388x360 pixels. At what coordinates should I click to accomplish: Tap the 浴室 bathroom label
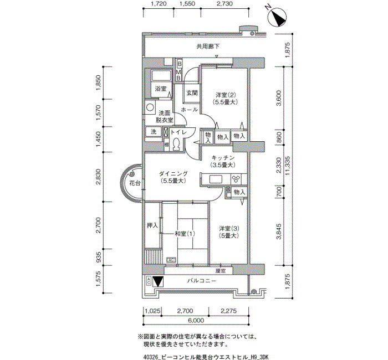[x=161, y=89]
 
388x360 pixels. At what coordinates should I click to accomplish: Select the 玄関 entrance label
[x=192, y=93]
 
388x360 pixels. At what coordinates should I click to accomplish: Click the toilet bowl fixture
[x=176, y=145]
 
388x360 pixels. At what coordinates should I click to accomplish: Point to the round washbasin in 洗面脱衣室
[x=150, y=107]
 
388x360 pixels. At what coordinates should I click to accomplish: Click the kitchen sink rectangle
[x=216, y=179]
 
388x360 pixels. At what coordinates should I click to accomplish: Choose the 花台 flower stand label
[x=135, y=183]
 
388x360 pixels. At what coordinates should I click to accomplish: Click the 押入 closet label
[x=152, y=225]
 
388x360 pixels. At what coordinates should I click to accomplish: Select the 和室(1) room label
[x=185, y=233]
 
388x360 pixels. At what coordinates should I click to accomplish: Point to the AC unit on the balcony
[x=149, y=281]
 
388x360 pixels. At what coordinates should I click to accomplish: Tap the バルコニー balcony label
[x=202, y=281]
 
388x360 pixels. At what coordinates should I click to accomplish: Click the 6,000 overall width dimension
[x=196, y=321]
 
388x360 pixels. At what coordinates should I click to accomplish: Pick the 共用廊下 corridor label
[x=208, y=46]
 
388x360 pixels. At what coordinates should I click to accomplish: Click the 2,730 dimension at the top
[x=224, y=3]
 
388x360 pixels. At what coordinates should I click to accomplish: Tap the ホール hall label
[x=190, y=109]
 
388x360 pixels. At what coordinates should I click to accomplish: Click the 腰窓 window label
[x=220, y=271]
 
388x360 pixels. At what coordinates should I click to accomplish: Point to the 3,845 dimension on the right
[x=279, y=232]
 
